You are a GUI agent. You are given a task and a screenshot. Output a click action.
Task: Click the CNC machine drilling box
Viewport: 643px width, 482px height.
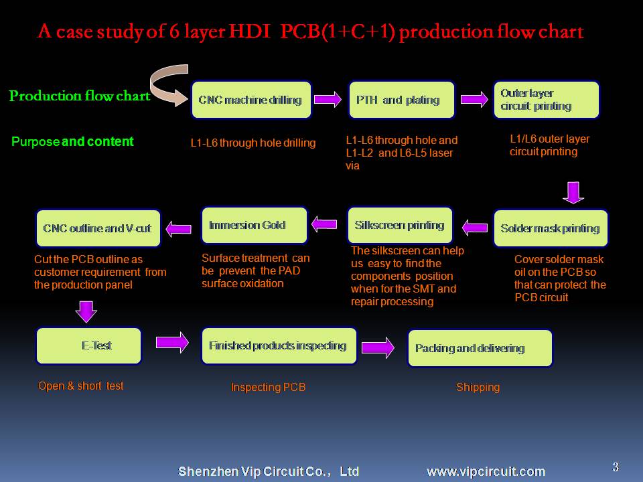[251, 100]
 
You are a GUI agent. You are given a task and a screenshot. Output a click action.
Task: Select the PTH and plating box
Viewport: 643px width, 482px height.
[401, 100]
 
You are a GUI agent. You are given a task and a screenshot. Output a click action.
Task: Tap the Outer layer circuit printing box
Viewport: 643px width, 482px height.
[547, 100]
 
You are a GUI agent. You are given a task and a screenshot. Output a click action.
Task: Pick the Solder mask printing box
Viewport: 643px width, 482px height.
[551, 228]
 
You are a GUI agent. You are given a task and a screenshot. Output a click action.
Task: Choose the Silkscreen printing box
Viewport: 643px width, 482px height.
[400, 225]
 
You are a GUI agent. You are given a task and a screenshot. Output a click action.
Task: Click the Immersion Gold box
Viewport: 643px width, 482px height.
[255, 225]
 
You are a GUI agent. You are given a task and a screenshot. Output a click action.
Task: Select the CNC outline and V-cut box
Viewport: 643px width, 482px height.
[98, 228]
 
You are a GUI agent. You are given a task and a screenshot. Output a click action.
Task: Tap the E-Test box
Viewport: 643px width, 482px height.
[88, 345]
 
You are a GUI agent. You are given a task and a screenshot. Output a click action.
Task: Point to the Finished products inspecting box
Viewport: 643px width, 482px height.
[279, 345]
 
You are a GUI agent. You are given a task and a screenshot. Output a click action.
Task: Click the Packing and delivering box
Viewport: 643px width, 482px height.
[480, 348]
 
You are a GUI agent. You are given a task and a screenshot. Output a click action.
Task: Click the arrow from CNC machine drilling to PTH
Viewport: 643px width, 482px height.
[328, 99]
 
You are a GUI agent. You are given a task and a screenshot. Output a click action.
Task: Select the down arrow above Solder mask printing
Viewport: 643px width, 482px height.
[573, 192]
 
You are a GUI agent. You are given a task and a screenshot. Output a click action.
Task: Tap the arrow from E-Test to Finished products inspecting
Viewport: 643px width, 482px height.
[172, 342]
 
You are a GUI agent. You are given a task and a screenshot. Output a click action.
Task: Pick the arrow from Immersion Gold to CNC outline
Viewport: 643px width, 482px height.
[178, 229]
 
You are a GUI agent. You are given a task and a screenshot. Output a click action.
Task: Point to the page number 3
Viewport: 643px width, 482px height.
[616, 467]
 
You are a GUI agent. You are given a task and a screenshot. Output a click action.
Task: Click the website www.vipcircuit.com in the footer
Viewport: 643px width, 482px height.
[486, 472]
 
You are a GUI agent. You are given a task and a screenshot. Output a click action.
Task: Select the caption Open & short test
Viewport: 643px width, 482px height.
[81, 386]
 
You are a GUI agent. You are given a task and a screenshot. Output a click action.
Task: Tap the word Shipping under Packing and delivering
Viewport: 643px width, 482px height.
[478, 388]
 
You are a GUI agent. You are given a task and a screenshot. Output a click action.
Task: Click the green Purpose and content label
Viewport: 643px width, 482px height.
[72, 141]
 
